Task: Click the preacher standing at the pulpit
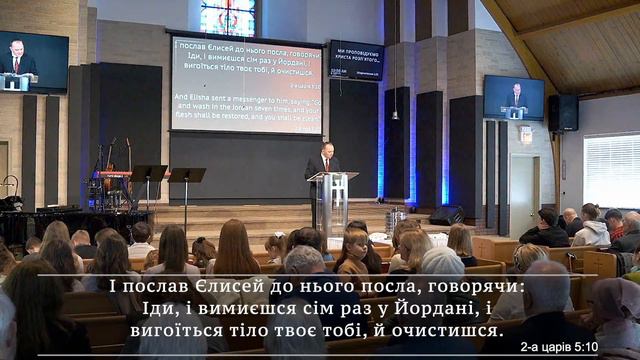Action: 322,163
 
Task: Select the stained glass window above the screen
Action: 228,16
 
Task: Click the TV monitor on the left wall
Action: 33,62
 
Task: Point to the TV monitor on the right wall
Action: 513,97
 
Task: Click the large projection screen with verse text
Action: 247,84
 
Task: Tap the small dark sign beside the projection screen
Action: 356,60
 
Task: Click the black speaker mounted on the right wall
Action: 563,113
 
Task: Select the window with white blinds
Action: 611,170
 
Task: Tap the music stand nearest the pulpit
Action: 187,176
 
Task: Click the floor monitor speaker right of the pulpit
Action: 446,215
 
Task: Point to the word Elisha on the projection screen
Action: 197,97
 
